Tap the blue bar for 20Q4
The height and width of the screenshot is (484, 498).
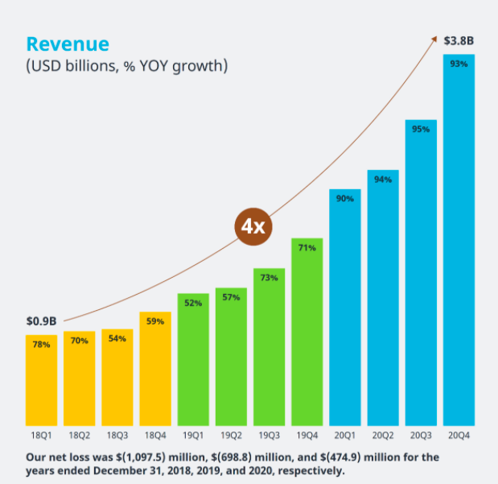pyautogui.click(x=459, y=242)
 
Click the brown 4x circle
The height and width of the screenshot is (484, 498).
pyautogui.click(x=254, y=226)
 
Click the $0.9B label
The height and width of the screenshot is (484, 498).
pyautogui.click(x=41, y=321)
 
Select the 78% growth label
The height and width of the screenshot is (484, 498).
pyautogui.click(x=41, y=345)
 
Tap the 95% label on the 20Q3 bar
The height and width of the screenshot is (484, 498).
pyautogui.click(x=421, y=129)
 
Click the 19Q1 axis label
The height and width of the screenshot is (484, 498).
pyautogui.click(x=193, y=436)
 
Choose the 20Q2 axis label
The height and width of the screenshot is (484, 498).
pyautogui.click(x=383, y=436)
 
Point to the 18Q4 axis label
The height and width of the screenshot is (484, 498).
pyautogui.click(x=155, y=436)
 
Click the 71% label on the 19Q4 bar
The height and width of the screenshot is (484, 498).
pyautogui.click(x=307, y=248)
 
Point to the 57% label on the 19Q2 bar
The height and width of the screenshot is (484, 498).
pyautogui.click(x=232, y=297)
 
